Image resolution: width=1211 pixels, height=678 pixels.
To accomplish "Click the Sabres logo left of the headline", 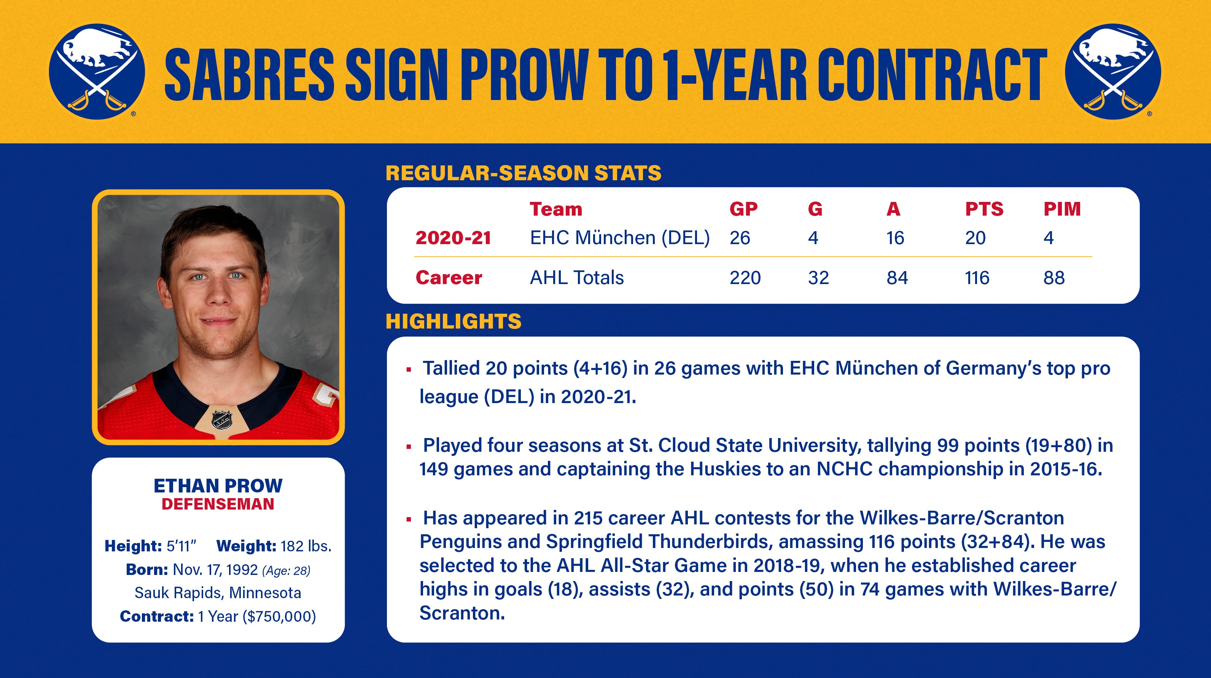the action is click(97, 71).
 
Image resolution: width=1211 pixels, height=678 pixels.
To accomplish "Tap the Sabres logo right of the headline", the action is click(1113, 71).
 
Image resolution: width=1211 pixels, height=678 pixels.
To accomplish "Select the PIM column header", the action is click(1062, 209).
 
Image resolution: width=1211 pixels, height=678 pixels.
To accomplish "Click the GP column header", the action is click(743, 209).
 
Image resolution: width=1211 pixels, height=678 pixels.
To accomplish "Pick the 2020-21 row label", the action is click(453, 238).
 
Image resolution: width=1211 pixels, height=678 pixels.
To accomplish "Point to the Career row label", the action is click(449, 278).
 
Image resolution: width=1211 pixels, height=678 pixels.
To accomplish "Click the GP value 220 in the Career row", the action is click(745, 278).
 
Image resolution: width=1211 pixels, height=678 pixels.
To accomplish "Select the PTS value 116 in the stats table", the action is click(977, 278).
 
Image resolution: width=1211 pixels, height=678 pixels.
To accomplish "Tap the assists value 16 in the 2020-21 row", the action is click(895, 238).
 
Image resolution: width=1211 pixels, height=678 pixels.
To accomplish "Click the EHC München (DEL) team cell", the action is click(620, 238).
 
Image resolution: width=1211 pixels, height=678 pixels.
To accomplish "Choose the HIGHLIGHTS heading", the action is click(453, 322).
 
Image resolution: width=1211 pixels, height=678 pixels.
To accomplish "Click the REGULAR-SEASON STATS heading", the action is click(523, 173).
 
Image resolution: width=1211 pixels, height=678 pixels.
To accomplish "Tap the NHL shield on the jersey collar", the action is click(222, 419).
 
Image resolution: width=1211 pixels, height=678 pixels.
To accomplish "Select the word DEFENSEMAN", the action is click(218, 504).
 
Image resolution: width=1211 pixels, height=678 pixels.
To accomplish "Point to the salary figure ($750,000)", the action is click(279, 616).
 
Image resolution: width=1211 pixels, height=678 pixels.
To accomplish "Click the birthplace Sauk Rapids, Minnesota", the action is click(218, 593).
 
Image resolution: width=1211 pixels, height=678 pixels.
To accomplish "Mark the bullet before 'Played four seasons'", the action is click(409, 447).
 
